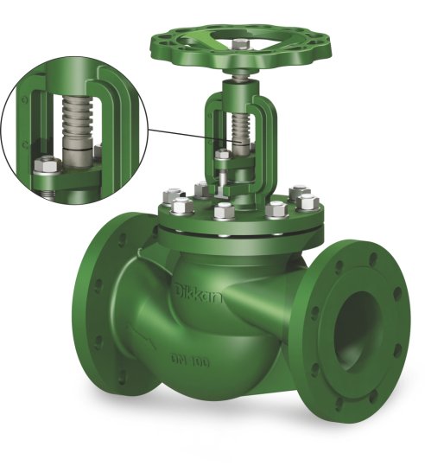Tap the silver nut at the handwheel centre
coord(240,45)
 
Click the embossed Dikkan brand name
coord(199,293)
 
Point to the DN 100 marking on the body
coord(190,361)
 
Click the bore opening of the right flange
coord(358,331)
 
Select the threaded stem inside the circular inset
coord(77,119)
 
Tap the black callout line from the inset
coord(193,136)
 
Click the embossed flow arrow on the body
coord(142,338)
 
